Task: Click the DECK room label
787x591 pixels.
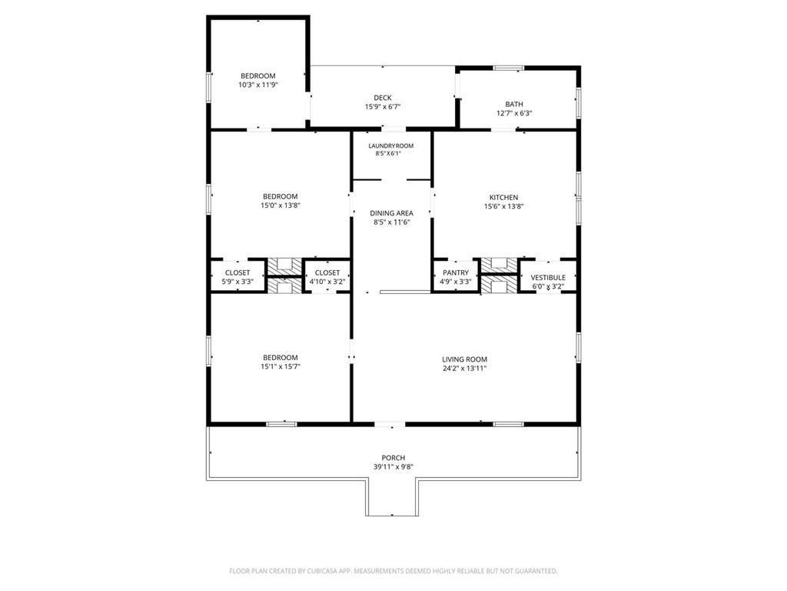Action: point(383,98)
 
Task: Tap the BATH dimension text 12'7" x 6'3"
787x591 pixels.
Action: point(514,114)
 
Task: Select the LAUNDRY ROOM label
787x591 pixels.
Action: point(391,146)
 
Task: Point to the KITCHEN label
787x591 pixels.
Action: point(504,198)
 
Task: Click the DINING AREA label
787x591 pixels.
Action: point(391,213)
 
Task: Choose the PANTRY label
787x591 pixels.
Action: point(456,273)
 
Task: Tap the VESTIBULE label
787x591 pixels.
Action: point(548,277)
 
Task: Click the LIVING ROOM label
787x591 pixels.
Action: point(465,359)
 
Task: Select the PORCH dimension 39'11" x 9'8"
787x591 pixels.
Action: point(393,467)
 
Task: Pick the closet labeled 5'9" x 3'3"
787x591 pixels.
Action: point(237,277)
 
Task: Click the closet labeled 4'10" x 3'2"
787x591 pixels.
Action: point(327,277)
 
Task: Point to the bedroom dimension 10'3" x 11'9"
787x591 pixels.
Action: point(258,85)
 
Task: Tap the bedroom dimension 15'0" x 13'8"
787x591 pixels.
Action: point(280,205)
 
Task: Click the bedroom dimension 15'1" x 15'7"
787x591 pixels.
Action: point(280,367)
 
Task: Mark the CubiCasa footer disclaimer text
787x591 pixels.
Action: point(393,571)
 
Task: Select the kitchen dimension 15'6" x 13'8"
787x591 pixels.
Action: point(504,206)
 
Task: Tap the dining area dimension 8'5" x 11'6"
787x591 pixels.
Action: point(391,222)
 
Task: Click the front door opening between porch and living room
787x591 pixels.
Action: point(390,425)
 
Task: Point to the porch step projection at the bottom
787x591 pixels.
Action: point(391,498)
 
